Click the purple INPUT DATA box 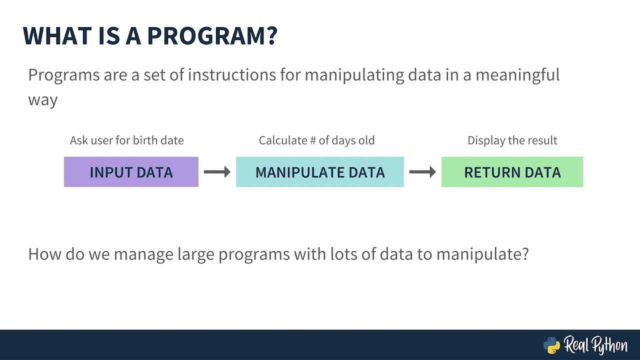click(131, 172)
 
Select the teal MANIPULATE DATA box click(320, 172)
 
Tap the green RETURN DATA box click(512, 172)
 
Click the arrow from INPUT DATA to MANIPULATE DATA click(217, 172)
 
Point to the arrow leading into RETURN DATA click(422, 172)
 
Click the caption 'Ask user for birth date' click(126, 140)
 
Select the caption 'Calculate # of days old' click(316, 140)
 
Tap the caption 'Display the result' click(512, 140)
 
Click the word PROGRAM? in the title click(212, 36)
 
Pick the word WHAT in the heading click(56, 36)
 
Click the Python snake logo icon click(551, 345)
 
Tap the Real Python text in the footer click(595, 345)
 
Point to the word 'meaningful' click(517, 75)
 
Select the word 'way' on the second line click(42, 99)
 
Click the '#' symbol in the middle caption click(313, 140)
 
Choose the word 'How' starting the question click(44, 254)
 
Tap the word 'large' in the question click(195, 254)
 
